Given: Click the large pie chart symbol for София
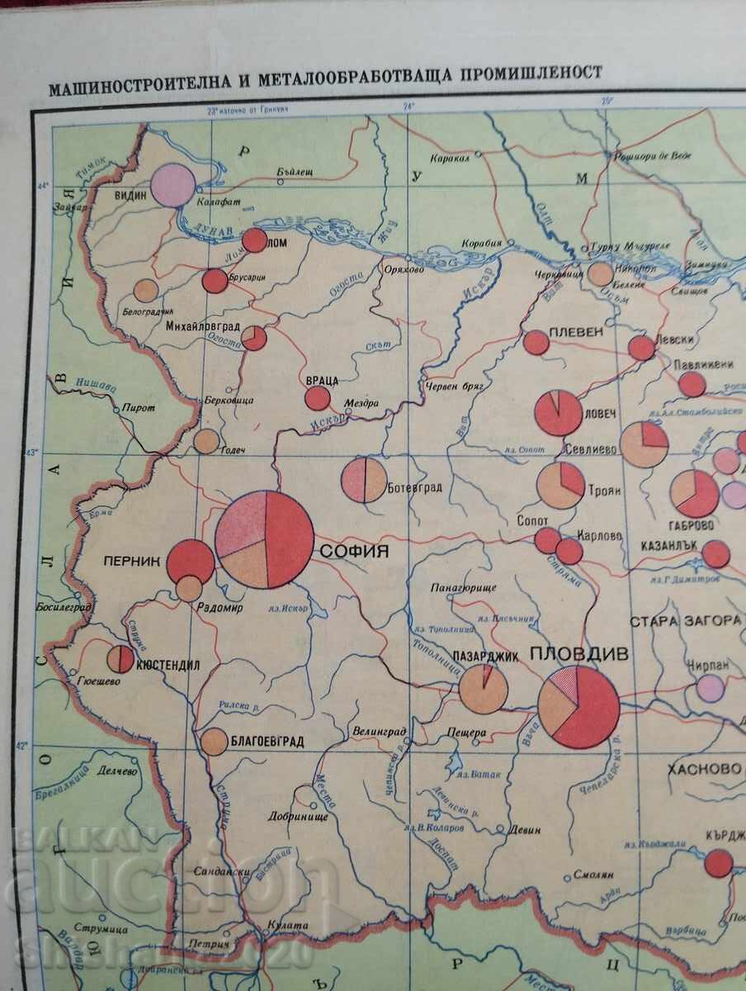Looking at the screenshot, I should (265, 539).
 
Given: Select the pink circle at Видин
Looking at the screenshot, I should (173, 184).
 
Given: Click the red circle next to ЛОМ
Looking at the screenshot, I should (255, 240).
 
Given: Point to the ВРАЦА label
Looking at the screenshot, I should (321, 380).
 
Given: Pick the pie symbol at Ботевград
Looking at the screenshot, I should (364, 481).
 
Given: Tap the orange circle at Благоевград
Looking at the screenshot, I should (214, 742).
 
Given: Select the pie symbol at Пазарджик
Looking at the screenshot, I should (483, 689).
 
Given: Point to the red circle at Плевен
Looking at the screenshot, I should (536, 342).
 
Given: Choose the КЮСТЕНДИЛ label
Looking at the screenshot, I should (168, 665).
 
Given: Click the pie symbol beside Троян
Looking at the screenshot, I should (560, 485).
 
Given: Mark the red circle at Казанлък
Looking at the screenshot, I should (715, 554).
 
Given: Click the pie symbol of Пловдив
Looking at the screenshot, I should (578, 707).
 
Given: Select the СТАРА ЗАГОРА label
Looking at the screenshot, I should (685, 621).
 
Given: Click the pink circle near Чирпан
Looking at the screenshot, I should (709, 687).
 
